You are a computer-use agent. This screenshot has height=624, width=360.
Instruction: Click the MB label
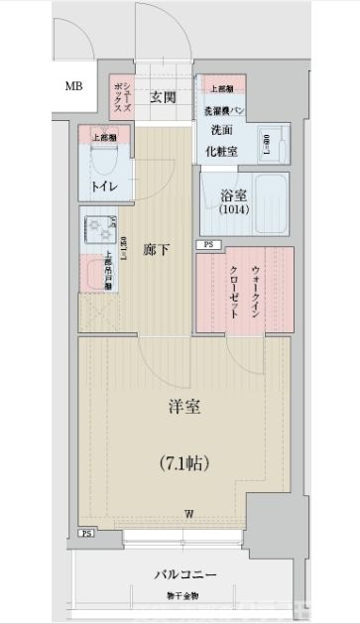74,86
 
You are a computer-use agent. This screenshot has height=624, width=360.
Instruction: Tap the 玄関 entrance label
164,96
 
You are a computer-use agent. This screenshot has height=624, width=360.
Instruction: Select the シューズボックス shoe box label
120,97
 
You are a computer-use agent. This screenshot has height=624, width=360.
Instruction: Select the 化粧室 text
222,151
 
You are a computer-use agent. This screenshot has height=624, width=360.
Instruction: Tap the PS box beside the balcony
85,534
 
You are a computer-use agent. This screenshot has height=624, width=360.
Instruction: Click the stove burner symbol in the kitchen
101,229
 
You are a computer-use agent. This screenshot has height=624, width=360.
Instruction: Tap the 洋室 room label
185,407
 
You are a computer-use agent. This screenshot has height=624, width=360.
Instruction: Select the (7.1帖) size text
185,462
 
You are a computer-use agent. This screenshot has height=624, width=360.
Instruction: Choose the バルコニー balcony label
185,574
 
